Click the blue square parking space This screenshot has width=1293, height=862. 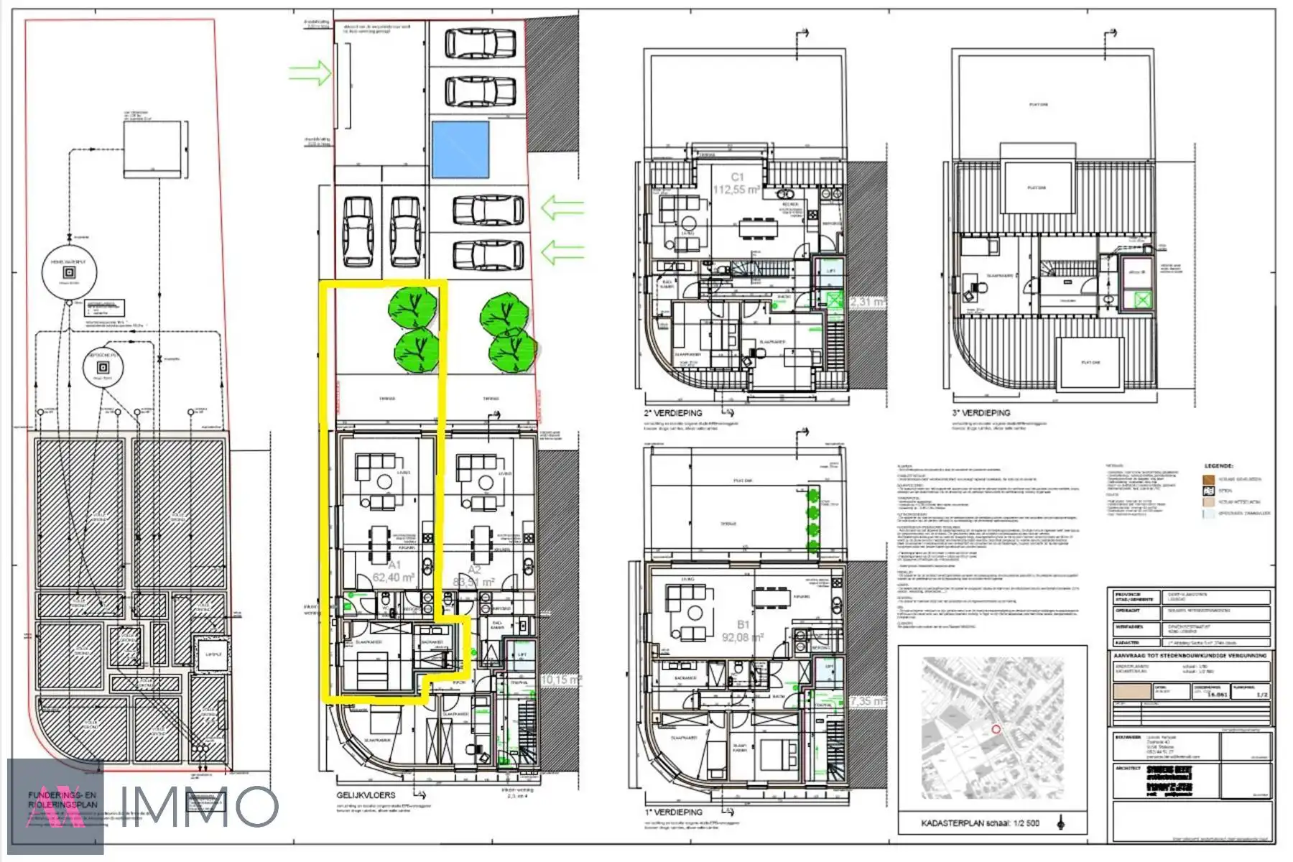click(x=460, y=149)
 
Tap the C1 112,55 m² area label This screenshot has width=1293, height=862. click(x=736, y=184)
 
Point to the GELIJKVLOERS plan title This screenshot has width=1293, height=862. click(x=366, y=795)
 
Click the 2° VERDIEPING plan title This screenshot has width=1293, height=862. click(x=673, y=413)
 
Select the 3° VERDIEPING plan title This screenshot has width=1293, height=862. click(x=981, y=413)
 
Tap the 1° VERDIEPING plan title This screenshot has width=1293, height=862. click(x=673, y=812)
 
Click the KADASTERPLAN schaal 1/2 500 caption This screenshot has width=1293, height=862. click(x=980, y=823)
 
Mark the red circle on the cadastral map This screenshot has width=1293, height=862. click(x=996, y=729)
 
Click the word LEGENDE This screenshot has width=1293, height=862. click(x=1218, y=466)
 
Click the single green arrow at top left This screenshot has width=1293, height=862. click(x=310, y=73)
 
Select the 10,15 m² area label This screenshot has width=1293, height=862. click(x=560, y=680)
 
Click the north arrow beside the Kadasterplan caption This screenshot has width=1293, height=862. click(x=1061, y=822)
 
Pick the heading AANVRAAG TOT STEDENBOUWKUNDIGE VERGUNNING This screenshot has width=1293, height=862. click(x=1190, y=656)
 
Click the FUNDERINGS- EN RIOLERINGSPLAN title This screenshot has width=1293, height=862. click(x=62, y=800)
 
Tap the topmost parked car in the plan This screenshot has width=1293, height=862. click(x=480, y=44)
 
